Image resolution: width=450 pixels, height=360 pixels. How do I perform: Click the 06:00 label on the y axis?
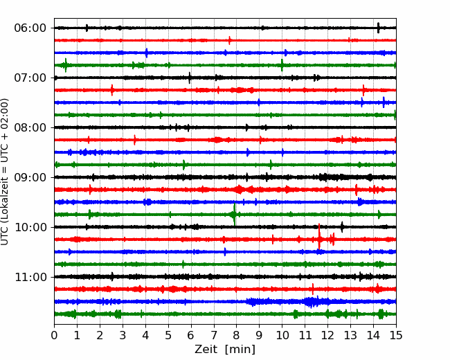30,28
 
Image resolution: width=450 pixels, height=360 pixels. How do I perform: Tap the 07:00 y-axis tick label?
30,78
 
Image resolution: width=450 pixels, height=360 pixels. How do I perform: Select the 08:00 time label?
30,127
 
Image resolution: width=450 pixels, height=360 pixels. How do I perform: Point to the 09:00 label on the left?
30,177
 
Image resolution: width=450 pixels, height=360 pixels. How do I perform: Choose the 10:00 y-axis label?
30,227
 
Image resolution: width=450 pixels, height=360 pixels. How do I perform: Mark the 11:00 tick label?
30,277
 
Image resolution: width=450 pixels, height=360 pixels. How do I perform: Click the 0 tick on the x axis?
54,335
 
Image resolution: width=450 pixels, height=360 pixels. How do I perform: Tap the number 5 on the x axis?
168,335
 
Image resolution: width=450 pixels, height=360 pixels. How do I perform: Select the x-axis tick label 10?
282,335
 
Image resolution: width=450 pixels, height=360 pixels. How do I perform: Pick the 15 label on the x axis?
396,335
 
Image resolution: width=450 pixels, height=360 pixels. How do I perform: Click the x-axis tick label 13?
350,335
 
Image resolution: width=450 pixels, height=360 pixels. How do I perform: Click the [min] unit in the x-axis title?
240,350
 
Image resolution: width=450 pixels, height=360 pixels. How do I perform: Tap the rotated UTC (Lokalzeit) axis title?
5,172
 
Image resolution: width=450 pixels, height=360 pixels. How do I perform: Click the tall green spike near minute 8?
235,215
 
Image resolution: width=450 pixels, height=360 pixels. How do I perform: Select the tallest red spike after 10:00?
319,237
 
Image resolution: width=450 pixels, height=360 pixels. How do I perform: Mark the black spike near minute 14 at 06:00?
378,28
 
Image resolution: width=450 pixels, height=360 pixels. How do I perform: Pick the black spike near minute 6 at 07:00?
190,78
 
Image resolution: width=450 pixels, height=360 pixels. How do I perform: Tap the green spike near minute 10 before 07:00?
282,65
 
